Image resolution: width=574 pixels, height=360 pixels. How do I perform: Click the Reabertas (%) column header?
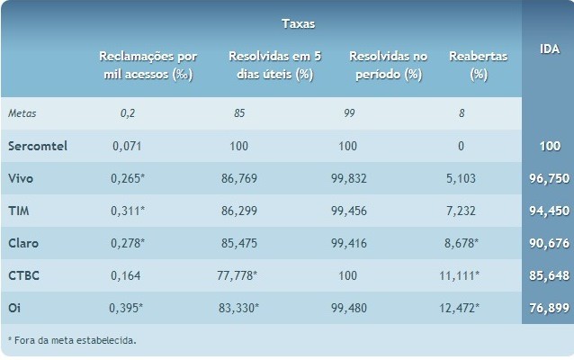click(x=478, y=64)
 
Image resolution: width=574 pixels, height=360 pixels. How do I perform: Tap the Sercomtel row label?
click(x=37, y=146)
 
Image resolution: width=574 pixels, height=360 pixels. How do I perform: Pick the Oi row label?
click(x=13, y=308)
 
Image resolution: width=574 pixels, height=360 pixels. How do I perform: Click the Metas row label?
click(x=22, y=113)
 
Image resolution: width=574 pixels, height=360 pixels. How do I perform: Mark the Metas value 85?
click(x=238, y=113)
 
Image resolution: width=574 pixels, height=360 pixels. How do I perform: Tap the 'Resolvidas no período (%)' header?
click(x=385, y=64)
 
